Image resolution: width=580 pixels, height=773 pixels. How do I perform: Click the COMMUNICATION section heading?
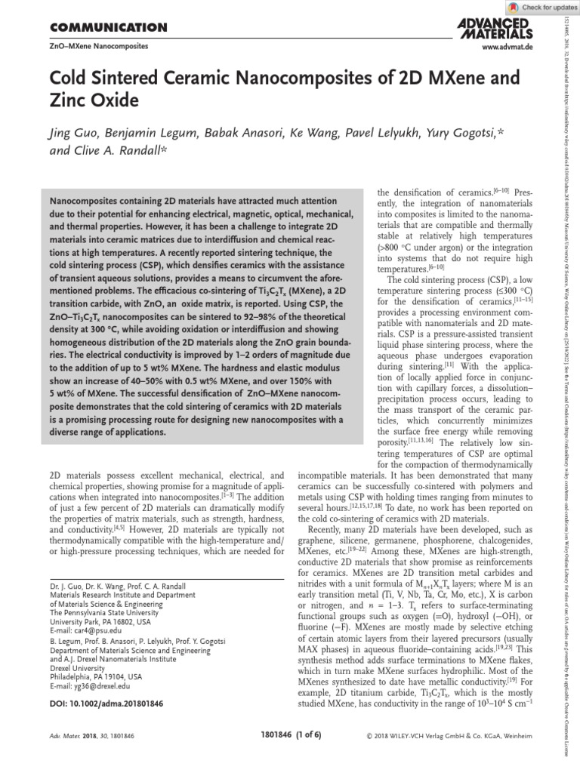pos(107,29)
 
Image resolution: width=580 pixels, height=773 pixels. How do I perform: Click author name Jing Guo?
pos(76,134)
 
